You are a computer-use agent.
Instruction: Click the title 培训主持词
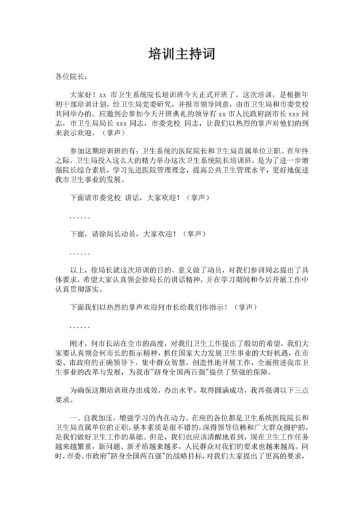pos(181,54)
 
